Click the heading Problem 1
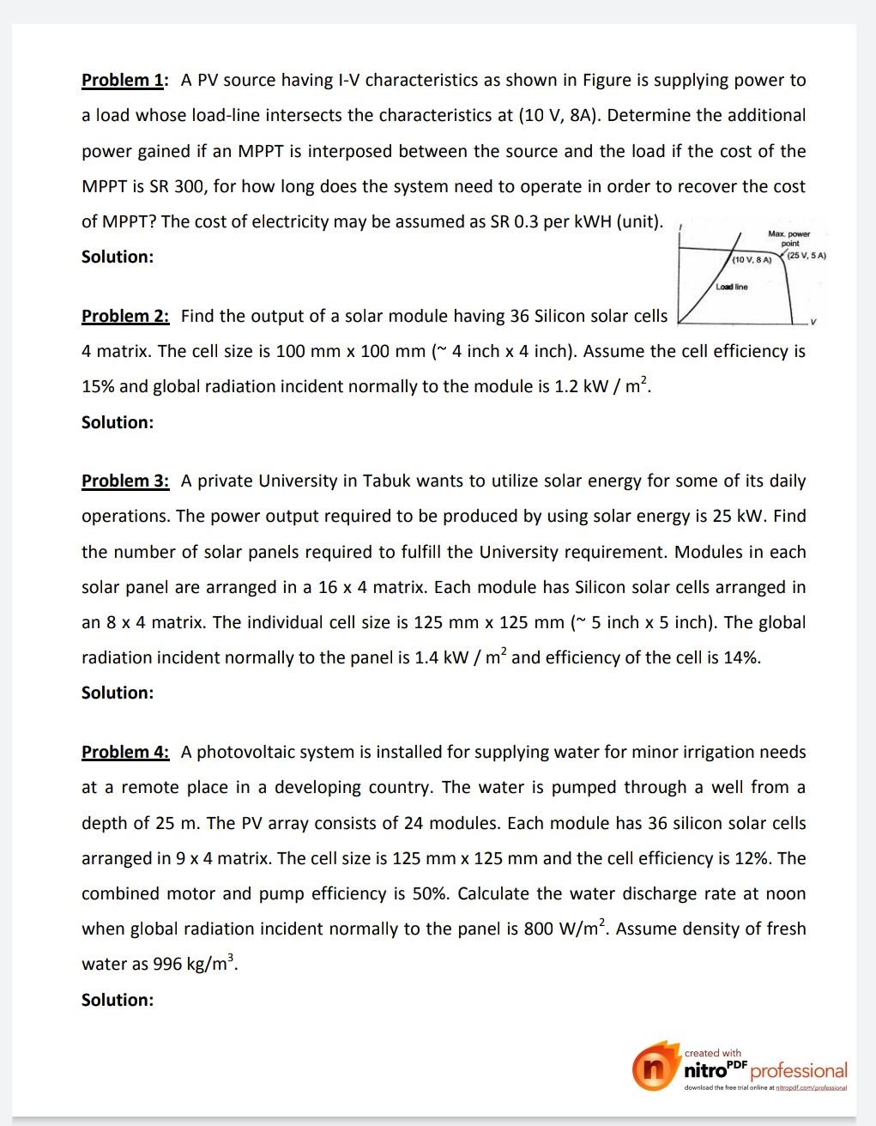(x=124, y=80)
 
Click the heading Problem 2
(x=125, y=316)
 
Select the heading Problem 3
(x=125, y=481)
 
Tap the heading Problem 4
(x=125, y=752)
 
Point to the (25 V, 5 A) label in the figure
(x=807, y=256)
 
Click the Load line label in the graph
(x=732, y=287)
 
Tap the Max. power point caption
(x=789, y=238)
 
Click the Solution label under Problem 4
(x=118, y=1000)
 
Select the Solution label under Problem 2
(x=118, y=422)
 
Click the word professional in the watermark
(x=799, y=1071)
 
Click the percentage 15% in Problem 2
(x=98, y=386)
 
